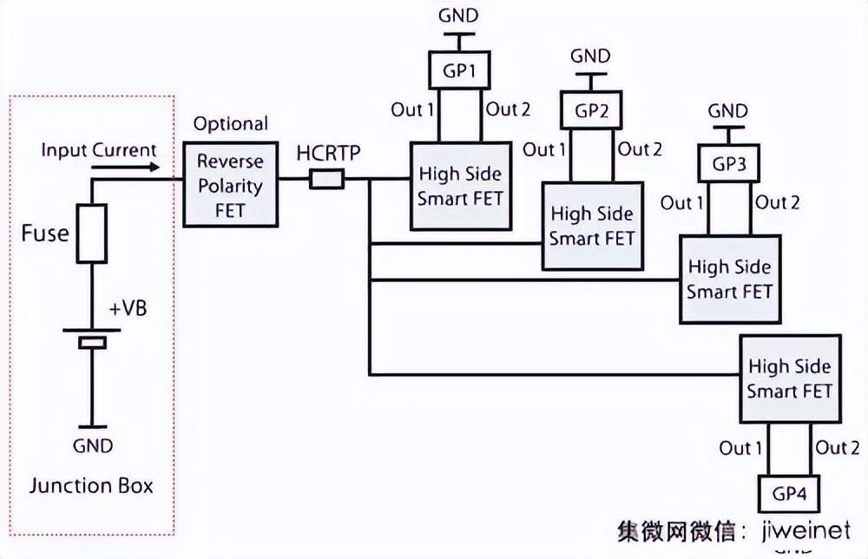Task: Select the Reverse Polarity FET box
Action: tap(230, 184)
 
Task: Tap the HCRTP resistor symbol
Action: tap(327, 180)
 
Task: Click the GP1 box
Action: tap(460, 73)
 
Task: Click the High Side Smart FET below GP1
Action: tap(460, 185)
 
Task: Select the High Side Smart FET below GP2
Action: tap(593, 225)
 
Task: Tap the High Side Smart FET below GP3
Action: tap(729, 279)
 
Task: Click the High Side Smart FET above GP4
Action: tap(789, 378)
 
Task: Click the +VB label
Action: tap(128, 308)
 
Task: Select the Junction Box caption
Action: tap(91, 484)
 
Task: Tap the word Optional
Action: tap(230, 124)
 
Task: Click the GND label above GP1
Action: tap(457, 15)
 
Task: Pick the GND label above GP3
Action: tap(727, 111)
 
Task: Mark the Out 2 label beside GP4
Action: tap(838, 448)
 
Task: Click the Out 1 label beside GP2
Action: tap(544, 149)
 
